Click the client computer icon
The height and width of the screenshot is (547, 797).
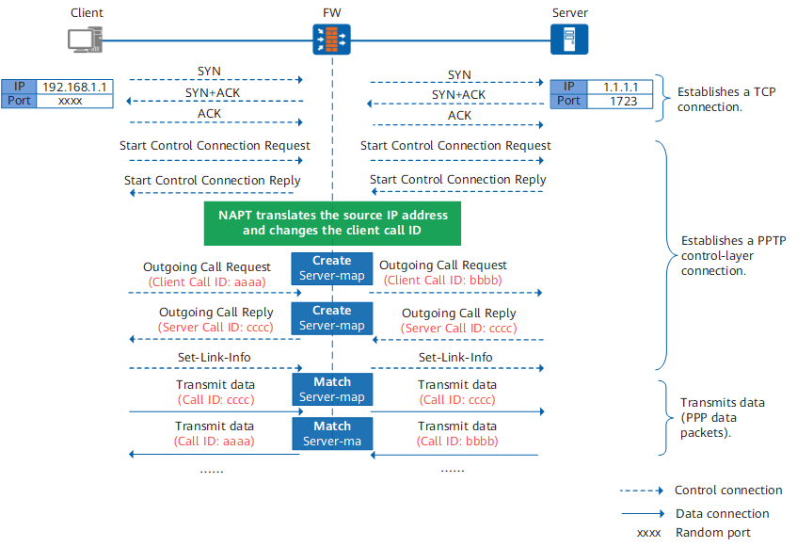pyautogui.click(x=86, y=40)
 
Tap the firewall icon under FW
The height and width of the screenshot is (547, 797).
pyautogui.click(x=331, y=40)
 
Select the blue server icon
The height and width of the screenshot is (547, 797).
pyautogui.click(x=569, y=40)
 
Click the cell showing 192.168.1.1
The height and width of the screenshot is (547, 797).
pyautogui.click(x=74, y=87)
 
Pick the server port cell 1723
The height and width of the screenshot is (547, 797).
pyautogui.click(x=620, y=101)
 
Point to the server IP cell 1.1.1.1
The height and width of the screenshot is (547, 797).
pyautogui.click(x=620, y=87)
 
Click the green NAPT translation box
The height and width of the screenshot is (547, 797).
pyautogui.click(x=332, y=223)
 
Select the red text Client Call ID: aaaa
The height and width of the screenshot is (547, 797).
pyautogui.click(x=207, y=282)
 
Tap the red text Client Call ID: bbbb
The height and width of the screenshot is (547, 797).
pyautogui.click(x=442, y=281)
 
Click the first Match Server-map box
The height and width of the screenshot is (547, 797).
pyautogui.click(x=332, y=389)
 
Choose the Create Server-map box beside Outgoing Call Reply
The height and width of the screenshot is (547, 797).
pyautogui.click(x=332, y=317)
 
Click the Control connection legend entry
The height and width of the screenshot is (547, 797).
pyautogui.click(x=701, y=491)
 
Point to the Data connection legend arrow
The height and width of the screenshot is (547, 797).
pyautogui.click(x=643, y=513)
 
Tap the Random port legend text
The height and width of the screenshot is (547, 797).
pyautogui.click(x=712, y=532)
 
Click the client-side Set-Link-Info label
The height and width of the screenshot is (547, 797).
pyautogui.click(x=214, y=358)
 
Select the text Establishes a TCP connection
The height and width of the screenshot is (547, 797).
pyautogui.click(x=726, y=99)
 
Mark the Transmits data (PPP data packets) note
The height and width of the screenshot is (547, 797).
pyautogui.click(x=723, y=417)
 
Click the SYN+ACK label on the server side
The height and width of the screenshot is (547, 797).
pyautogui.click(x=458, y=94)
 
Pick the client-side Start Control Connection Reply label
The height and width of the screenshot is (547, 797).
pyautogui.click(x=213, y=181)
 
